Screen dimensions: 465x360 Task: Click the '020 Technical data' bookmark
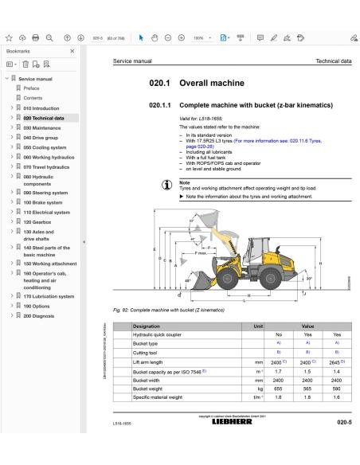point(45,117)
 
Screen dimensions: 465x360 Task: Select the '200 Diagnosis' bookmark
point(39,315)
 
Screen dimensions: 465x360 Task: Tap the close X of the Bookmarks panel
point(73,50)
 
